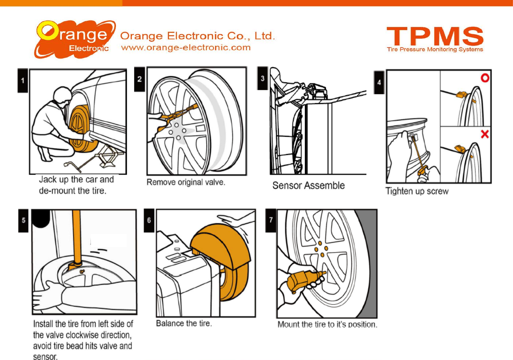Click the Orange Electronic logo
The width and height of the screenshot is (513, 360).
pyautogui.click(x=75, y=39)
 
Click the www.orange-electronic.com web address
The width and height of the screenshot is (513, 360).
pyautogui.click(x=186, y=48)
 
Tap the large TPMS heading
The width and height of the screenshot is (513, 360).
pyautogui.click(x=435, y=36)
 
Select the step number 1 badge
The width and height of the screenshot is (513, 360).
pyautogui.click(x=23, y=81)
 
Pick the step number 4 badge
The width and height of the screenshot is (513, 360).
pyautogui.click(x=379, y=82)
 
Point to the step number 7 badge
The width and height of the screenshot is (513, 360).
pyautogui.click(x=271, y=220)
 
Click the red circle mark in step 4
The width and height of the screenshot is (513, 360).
pyautogui.click(x=485, y=78)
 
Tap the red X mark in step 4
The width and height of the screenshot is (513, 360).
pyautogui.click(x=485, y=134)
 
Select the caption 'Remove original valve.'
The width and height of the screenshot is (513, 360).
pyautogui.click(x=186, y=182)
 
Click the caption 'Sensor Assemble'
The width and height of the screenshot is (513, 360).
pyautogui.click(x=308, y=186)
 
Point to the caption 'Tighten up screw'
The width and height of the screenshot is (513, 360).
pyautogui.click(x=417, y=191)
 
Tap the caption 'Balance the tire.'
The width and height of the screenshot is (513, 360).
pyautogui.click(x=184, y=323)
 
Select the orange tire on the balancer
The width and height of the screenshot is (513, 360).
pyautogui.click(x=226, y=260)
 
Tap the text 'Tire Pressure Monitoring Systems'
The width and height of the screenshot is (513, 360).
pyautogui.click(x=435, y=50)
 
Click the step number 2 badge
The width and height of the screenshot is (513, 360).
pyautogui.click(x=139, y=79)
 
